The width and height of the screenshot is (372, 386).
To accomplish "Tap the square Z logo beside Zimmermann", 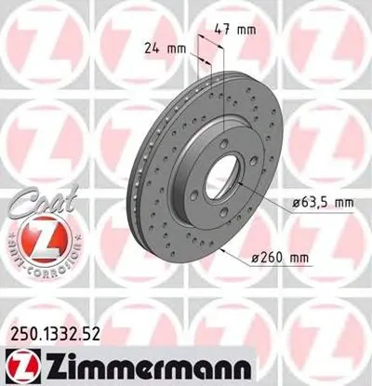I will point(15,362).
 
